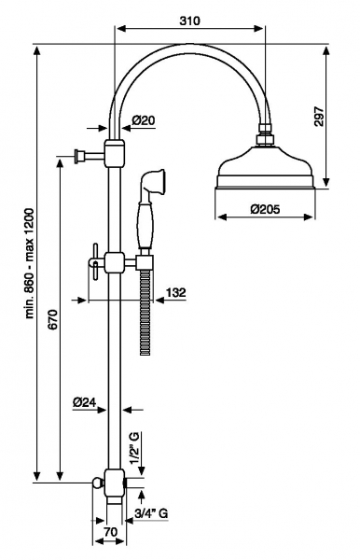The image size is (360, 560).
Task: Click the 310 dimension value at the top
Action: tap(189, 21)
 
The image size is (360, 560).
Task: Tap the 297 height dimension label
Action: tap(319, 116)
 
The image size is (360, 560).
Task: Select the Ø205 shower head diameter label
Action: tap(265, 208)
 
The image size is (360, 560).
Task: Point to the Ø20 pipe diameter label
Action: tap(144, 120)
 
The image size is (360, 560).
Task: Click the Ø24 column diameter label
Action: tap(85, 402)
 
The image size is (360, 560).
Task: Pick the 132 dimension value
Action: tap(176, 292)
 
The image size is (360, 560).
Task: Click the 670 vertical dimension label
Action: tap(52, 320)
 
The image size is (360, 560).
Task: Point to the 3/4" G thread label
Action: tap(151, 513)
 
